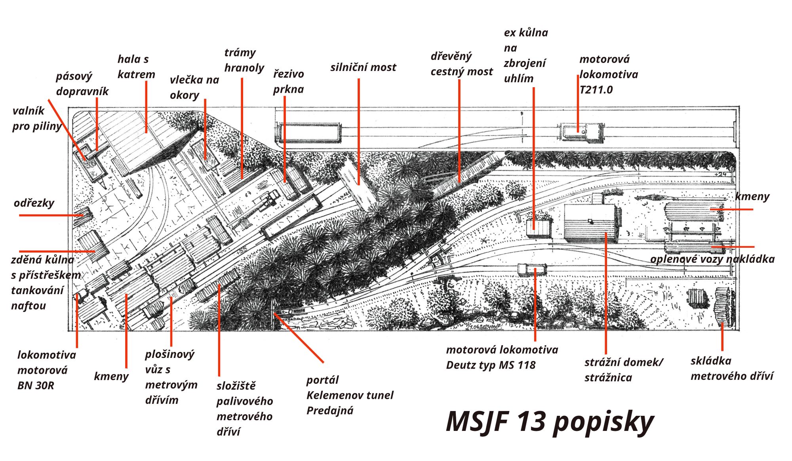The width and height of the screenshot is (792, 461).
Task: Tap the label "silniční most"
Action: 363,67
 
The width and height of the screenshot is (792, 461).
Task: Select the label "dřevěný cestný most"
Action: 462,64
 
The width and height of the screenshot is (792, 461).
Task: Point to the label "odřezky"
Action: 34,203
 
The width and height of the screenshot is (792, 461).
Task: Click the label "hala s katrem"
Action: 136,67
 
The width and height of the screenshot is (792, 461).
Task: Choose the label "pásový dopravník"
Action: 82,84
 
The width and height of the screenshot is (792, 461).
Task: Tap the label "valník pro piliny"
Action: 37,119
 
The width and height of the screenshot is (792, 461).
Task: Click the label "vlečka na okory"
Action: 194,88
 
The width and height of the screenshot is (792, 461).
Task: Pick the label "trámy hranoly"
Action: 244,60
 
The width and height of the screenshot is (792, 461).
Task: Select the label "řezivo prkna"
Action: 289,82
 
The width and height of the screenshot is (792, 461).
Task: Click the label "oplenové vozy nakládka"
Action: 712,259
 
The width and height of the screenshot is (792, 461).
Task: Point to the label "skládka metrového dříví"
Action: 732,368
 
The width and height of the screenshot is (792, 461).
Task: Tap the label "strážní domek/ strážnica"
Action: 624,370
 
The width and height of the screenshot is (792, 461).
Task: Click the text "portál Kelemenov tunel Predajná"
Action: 350,395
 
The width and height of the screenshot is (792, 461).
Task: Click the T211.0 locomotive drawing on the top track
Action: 582,132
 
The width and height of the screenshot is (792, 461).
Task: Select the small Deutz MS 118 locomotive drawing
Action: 532,270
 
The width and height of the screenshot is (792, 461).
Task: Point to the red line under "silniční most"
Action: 359,132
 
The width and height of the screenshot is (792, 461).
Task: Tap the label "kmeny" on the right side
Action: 752,196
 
